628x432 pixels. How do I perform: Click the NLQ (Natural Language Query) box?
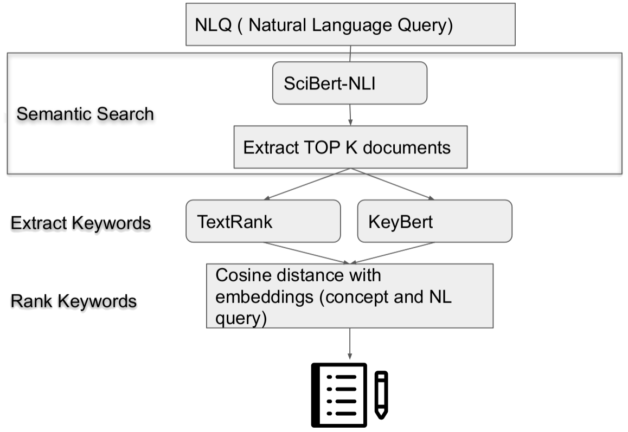coord(350,24)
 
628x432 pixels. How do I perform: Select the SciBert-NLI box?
coord(349,83)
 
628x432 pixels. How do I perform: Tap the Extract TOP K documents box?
coord(350,147)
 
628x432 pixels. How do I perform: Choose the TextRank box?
coord(263,221)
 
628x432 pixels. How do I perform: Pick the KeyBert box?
coord(434,221)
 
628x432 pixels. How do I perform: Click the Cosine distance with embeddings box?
coord(350,296)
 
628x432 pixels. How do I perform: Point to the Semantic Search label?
coord(85,114)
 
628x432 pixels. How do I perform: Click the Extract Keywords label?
coord(80,223)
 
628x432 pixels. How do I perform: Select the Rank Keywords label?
coord(73,301)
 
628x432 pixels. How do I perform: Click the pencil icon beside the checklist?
coord(382,395)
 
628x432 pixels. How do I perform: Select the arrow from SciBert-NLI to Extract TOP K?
coord(350,115)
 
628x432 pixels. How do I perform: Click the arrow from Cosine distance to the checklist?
coord(349,344)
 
